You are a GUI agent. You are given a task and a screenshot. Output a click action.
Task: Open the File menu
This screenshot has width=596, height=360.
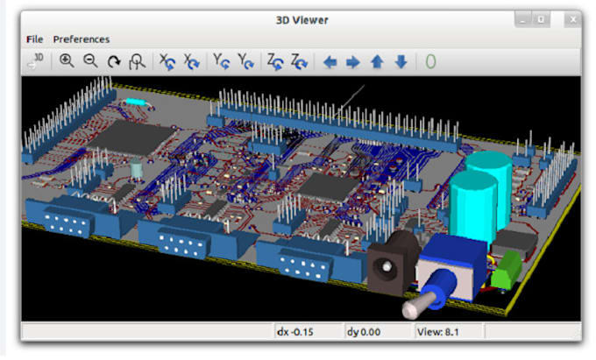34,39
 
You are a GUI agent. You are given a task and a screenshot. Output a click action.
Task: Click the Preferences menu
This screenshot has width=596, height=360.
82,39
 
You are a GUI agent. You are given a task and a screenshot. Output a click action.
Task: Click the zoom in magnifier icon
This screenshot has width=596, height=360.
67,61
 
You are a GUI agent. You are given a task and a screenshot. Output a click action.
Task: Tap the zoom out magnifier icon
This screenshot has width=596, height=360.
90,61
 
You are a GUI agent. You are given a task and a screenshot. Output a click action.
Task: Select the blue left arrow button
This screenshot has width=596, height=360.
330,62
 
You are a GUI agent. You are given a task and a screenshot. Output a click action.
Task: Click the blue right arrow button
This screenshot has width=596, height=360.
353,62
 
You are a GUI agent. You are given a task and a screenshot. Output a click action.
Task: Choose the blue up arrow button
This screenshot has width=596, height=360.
377,62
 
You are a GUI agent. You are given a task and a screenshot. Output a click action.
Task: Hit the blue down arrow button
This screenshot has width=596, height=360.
401,62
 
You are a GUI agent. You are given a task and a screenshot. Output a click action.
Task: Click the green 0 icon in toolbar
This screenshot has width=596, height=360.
429,62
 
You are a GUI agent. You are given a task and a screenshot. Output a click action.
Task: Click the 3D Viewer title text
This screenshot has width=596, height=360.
301,19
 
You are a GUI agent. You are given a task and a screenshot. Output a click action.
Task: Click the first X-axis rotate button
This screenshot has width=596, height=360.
165,62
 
